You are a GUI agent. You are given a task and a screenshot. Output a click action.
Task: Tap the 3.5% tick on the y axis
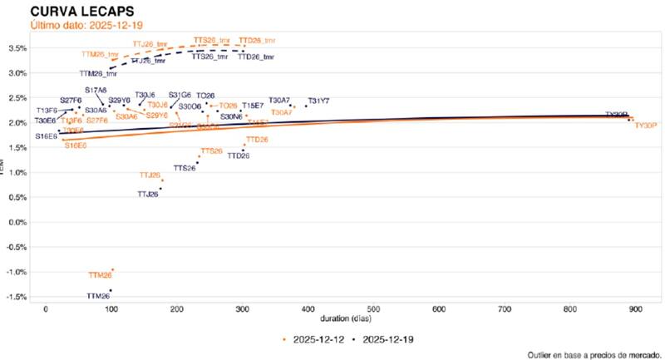pyautogui.click(x=18, y=48)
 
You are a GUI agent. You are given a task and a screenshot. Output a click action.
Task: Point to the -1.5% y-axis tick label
pyautogui.click(x=17, y=297)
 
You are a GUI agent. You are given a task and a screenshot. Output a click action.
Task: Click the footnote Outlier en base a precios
pyautogui.click(x=594, y=354)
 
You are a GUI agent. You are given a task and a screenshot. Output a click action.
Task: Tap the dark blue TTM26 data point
pyautogui.click(x=111, y=290)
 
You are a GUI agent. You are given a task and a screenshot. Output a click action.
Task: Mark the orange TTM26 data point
pyautogui.click(x=112, y=269)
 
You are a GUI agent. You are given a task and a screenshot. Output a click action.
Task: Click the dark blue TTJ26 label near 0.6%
pyautogui.click(x=147, y=195)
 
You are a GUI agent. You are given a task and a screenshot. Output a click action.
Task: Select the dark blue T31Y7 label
pyautogui.click(x=318, y=101)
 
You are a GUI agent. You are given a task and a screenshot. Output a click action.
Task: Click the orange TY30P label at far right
pyautogui.click(x=646, y=126)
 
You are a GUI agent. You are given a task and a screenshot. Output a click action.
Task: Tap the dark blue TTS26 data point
pyautogui.click(x=197, y=163)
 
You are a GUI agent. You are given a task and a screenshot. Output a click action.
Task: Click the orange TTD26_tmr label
pyautogui.click(x=257, y=40)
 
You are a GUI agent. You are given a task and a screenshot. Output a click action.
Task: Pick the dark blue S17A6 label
pyautogui.click(x=96, y=90)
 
